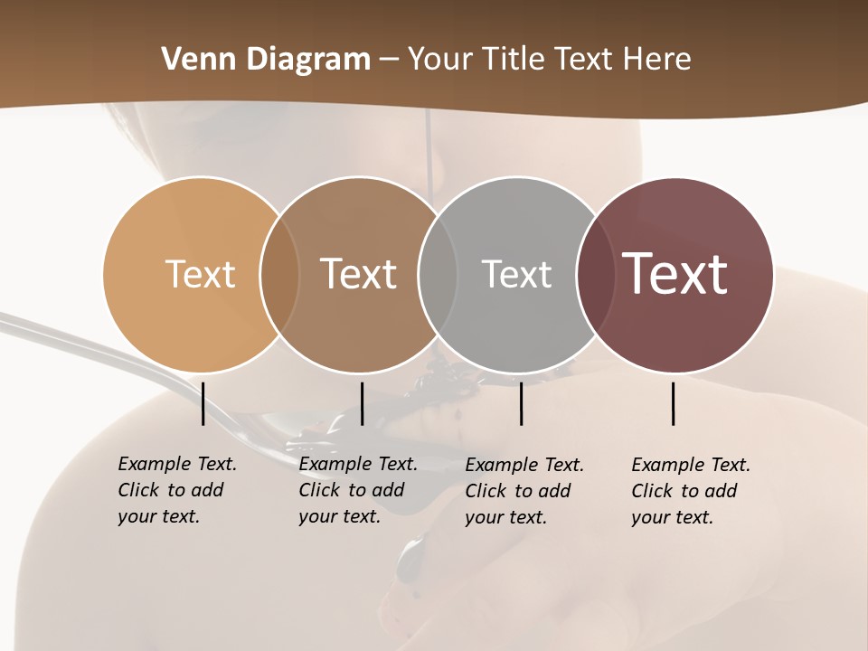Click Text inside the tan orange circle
point(200,274)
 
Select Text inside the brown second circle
point(358,274)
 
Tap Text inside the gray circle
point(516,274)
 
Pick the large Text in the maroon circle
point(675,274)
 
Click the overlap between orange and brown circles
point(279,274)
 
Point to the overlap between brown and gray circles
point(438,274)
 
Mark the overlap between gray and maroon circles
point(595,274)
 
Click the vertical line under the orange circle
point(203,403)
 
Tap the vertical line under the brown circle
point(362,403)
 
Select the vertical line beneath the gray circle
point(521,403)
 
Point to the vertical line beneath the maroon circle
point(673,403)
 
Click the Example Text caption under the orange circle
point(177,490)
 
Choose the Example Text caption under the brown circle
point(358,490)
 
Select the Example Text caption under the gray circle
point(524,491)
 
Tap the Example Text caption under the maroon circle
point(691,491)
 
